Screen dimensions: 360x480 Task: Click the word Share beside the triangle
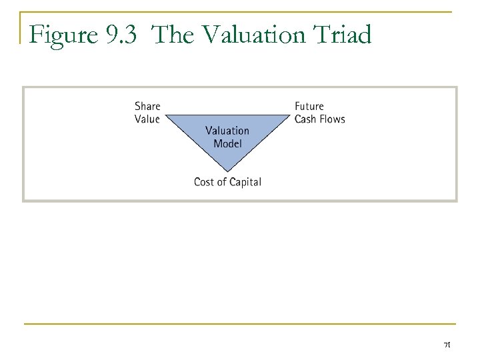point(147,106)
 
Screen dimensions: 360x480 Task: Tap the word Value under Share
point(147,119)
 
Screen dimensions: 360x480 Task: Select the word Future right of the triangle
point(309,106)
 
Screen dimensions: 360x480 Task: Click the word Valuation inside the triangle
point(227,131)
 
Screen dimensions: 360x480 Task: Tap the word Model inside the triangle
point(227,143)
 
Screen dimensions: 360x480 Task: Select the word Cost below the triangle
point(205,181)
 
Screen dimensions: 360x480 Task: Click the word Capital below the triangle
point(245,181)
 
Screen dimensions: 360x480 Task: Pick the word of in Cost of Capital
point(222,181)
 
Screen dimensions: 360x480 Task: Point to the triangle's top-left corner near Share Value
point(167,115)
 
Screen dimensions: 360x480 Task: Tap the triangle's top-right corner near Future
point(288,115)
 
